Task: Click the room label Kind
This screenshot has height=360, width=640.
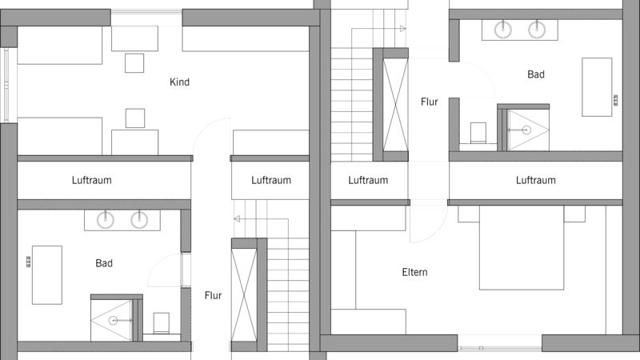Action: tap(179, 82)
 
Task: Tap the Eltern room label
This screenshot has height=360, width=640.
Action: tap(414, 272)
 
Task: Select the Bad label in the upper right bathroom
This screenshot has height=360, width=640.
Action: tap(536, 74)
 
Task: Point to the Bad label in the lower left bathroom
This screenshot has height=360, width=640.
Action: tap(104, 263)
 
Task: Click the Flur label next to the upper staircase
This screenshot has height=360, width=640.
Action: tap(430, 102)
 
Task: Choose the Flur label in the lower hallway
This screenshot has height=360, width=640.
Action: tap(213, 295)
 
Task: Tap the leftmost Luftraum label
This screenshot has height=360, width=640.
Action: tap(92, 180)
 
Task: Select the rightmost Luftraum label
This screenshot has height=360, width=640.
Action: tap(536, 180)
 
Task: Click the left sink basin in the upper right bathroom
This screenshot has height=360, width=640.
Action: tap(503, 30)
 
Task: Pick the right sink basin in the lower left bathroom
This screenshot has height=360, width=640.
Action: tap(139, 220)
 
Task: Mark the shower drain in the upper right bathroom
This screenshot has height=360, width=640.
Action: tap(526, 130)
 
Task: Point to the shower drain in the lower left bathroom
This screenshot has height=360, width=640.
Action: tap(113, 321)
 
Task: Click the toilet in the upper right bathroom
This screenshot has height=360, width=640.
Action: tap(478, 133)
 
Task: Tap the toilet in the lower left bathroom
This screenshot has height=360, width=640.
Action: tap(162, 323)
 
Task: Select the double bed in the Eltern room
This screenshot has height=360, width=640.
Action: tap(522, 248)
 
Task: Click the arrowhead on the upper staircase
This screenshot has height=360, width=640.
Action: tap(403, 29)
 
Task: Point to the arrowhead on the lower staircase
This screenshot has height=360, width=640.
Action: tap(237, 219)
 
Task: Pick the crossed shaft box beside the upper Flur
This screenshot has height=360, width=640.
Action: tap(395, 105)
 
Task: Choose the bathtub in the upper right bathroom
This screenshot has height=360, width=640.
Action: tap(597, 87)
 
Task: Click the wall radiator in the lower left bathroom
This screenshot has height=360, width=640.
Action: tap(29, 262)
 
